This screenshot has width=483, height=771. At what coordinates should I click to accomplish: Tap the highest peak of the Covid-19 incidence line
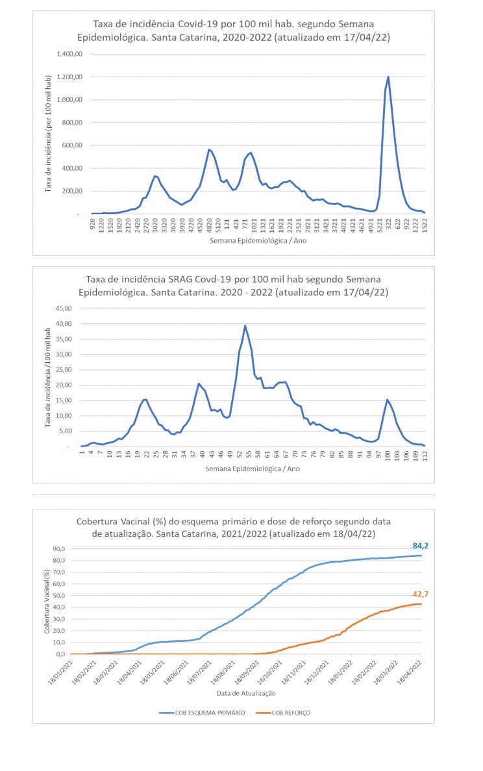(x=388, y=77)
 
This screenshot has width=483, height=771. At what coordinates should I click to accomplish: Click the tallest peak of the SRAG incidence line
(x=245, y=326)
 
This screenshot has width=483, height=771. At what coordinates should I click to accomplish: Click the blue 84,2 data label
(x=421, y=546)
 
